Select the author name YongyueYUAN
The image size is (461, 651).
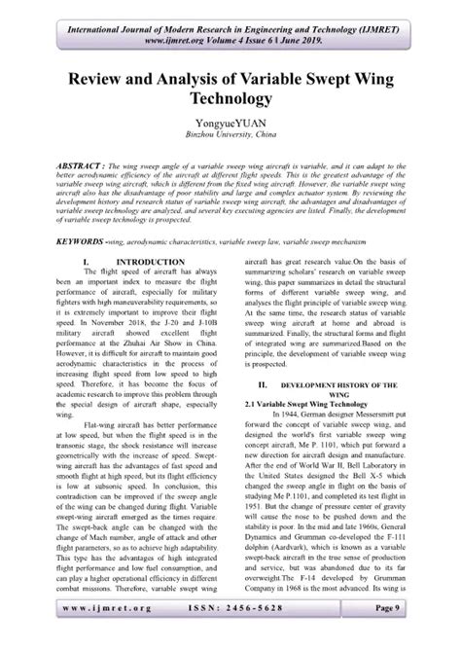click(230, 127)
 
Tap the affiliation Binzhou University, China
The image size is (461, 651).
click(230, 140)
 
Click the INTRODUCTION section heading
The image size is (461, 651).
click(147, 264)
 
